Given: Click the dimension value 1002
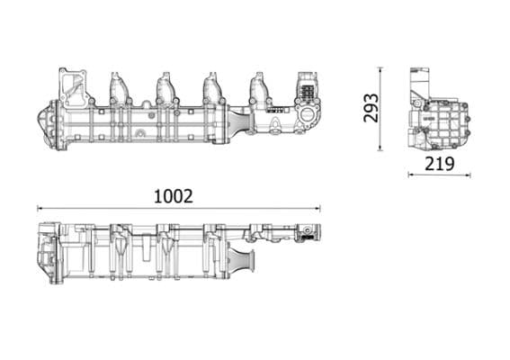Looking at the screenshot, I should click(x=173, y=195).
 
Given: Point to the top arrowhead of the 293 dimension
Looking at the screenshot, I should click(x=380, y=69).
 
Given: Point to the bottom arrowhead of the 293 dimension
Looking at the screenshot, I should click(x=380, y=149).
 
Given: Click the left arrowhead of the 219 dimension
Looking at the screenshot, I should click(x=411, y=175).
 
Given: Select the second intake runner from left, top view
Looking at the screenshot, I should click(x=166, y=87).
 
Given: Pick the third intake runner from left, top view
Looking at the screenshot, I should click(x=213, y=87).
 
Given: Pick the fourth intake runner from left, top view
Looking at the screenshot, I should click(x=259, y=87).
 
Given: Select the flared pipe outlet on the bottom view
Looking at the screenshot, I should click(x=247, y=265).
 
